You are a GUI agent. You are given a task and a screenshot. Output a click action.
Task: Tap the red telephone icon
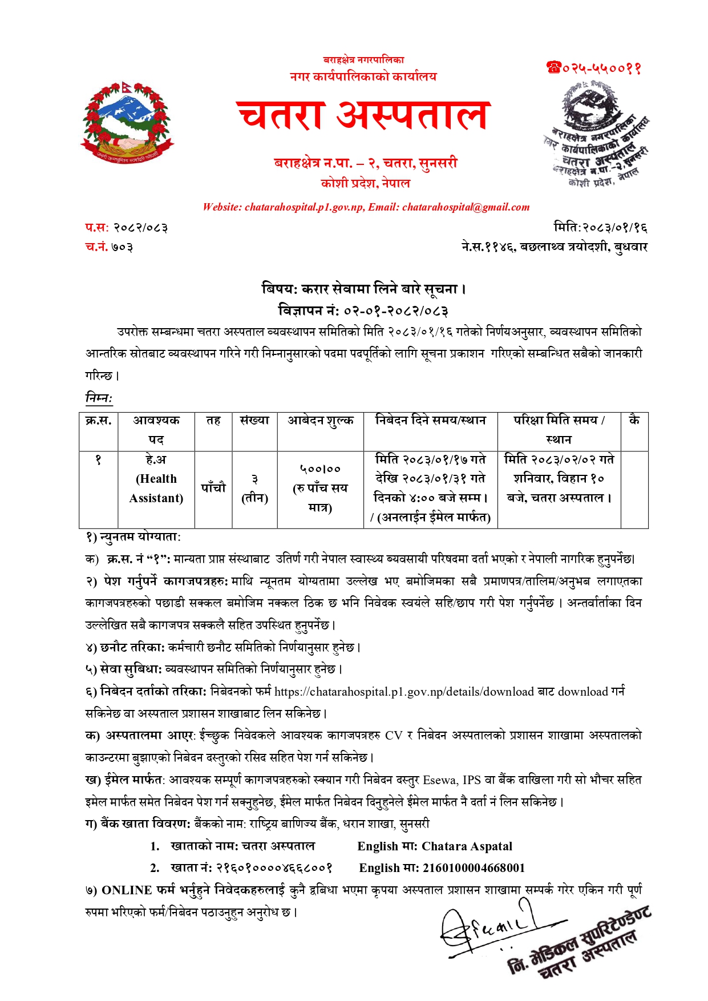pos(553,68)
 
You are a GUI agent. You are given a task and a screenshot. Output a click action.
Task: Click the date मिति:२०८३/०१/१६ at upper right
pos(600,228)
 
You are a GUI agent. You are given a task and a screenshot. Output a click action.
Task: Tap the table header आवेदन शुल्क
pos(320,421)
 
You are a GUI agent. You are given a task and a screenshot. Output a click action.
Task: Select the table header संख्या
pos(254,421)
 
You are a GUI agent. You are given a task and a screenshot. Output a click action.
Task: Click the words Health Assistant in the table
pos(156,489)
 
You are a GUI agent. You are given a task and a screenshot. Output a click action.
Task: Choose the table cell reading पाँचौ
pos(213,488)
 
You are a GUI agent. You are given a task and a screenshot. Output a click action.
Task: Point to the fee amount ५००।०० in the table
pos(320,469)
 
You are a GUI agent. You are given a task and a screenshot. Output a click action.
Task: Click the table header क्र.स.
pos(98,421)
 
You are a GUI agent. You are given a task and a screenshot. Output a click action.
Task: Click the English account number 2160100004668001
pos(474,868)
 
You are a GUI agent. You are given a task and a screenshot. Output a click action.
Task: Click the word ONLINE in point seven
pos(127,890)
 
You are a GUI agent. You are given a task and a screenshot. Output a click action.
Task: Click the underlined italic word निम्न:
pos(99,397)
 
